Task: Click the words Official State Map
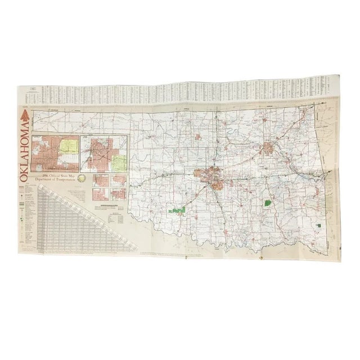(58, 177)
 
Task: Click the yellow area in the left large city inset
(68, 147)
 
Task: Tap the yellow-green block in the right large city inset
(120, 163)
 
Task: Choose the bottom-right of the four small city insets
(119, 194)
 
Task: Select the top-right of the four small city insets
(119, 181)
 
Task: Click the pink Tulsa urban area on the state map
(269, 149)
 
